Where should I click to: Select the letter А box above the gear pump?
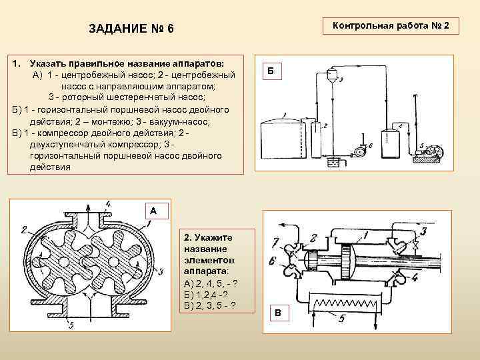[153, 210]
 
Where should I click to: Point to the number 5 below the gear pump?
[71, 325]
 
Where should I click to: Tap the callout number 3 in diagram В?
[423, 232]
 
